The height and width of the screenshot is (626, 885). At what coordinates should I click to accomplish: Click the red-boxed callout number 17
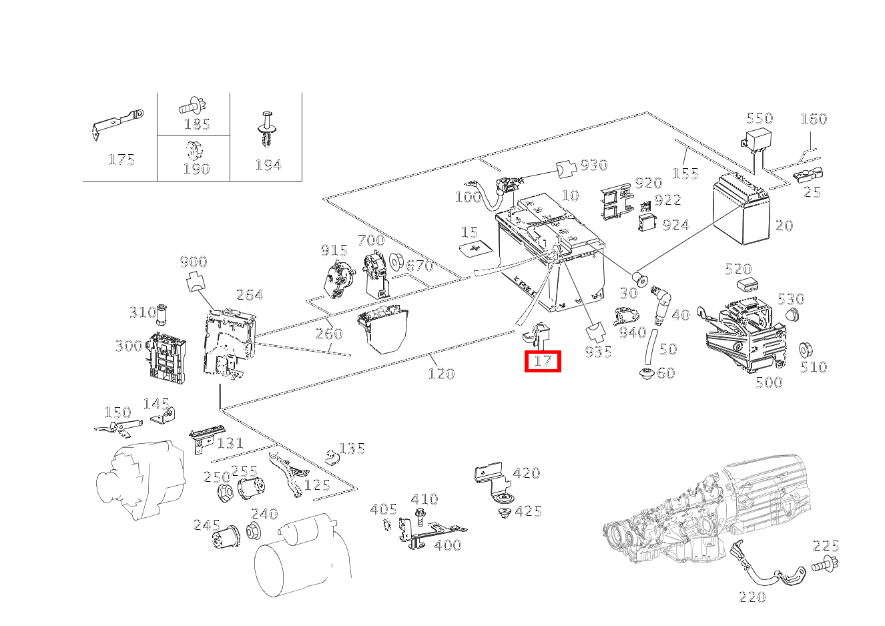point(543,361)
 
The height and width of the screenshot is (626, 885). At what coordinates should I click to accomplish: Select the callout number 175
point(121,160)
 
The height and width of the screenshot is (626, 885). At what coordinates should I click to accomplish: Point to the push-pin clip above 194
point(267,129)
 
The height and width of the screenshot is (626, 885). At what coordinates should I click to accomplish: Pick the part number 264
point(249,294)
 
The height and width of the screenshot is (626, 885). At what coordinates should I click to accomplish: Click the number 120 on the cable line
point(441,374)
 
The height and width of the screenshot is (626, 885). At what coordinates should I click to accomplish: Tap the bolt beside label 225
point(826,565)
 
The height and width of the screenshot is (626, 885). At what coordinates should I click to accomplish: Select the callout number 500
point(768,382)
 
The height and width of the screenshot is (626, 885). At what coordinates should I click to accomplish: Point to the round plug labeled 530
point(791,316)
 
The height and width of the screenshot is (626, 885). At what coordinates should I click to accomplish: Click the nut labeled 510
point(804,350)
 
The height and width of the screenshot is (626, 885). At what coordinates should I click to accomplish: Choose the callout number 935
point(598,352)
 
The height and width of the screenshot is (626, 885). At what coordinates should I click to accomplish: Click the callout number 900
point(194,262)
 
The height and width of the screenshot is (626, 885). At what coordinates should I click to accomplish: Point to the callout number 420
point(526,473)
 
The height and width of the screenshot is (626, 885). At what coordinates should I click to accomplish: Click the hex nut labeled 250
point(226,493)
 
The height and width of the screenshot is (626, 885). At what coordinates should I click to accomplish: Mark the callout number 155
point(685,174)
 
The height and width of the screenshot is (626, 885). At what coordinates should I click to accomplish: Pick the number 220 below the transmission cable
point(752,597)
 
